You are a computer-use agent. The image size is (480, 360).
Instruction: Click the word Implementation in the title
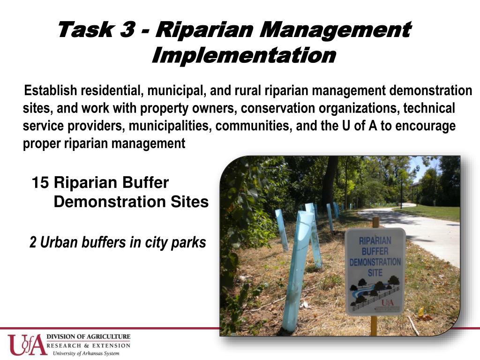(x=244, y=55)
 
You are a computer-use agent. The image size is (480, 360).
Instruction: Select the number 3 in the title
(x=127, y=30)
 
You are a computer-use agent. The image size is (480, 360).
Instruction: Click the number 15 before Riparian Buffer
(x=40, y=183)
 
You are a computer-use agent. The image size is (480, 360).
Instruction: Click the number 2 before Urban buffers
(x=33, y=242)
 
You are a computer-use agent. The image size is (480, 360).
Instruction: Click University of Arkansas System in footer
(x=86, y=353)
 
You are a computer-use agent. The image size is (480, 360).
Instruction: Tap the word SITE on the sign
(x=375, y=272)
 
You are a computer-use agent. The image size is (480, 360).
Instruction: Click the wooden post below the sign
(x=374, y=325)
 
